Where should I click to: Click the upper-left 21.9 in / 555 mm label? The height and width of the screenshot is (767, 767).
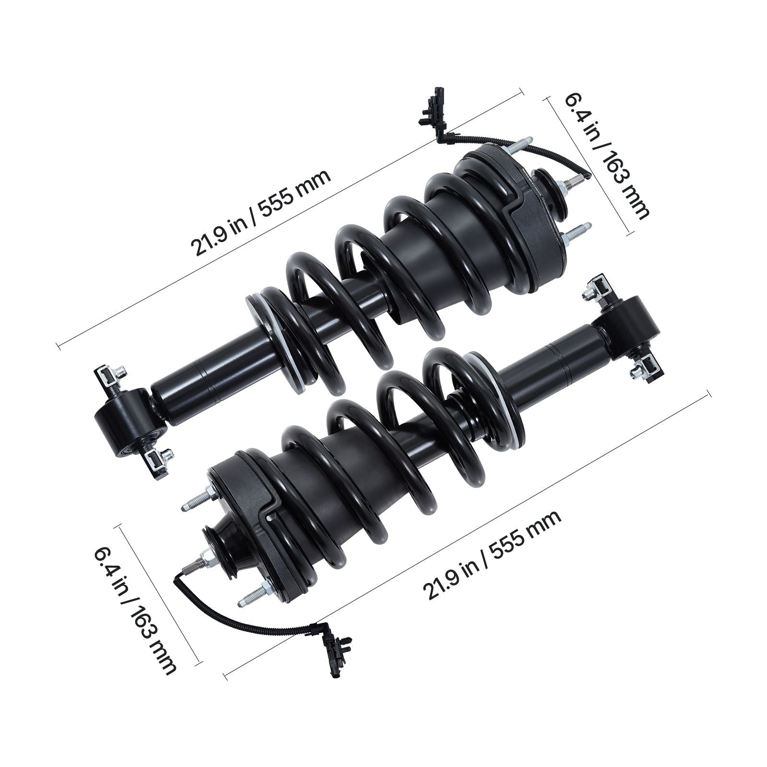tap(261, 213)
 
